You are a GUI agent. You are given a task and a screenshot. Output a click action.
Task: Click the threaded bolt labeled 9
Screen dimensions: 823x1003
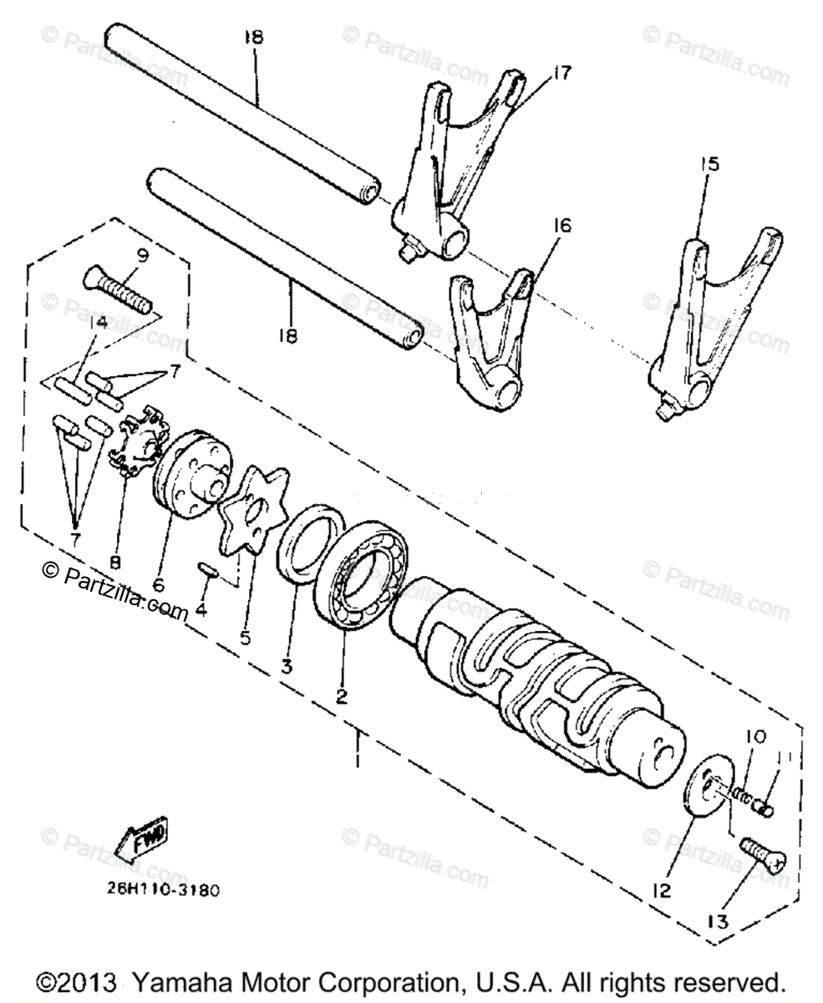(x=119, y=293)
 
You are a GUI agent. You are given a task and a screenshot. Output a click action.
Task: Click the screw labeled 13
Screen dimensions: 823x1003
(x=764, y=858)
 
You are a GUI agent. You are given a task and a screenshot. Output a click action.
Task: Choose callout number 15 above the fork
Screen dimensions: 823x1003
(x=709, y=165)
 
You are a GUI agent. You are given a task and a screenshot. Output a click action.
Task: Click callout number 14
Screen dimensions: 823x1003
(x=100, y=322)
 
